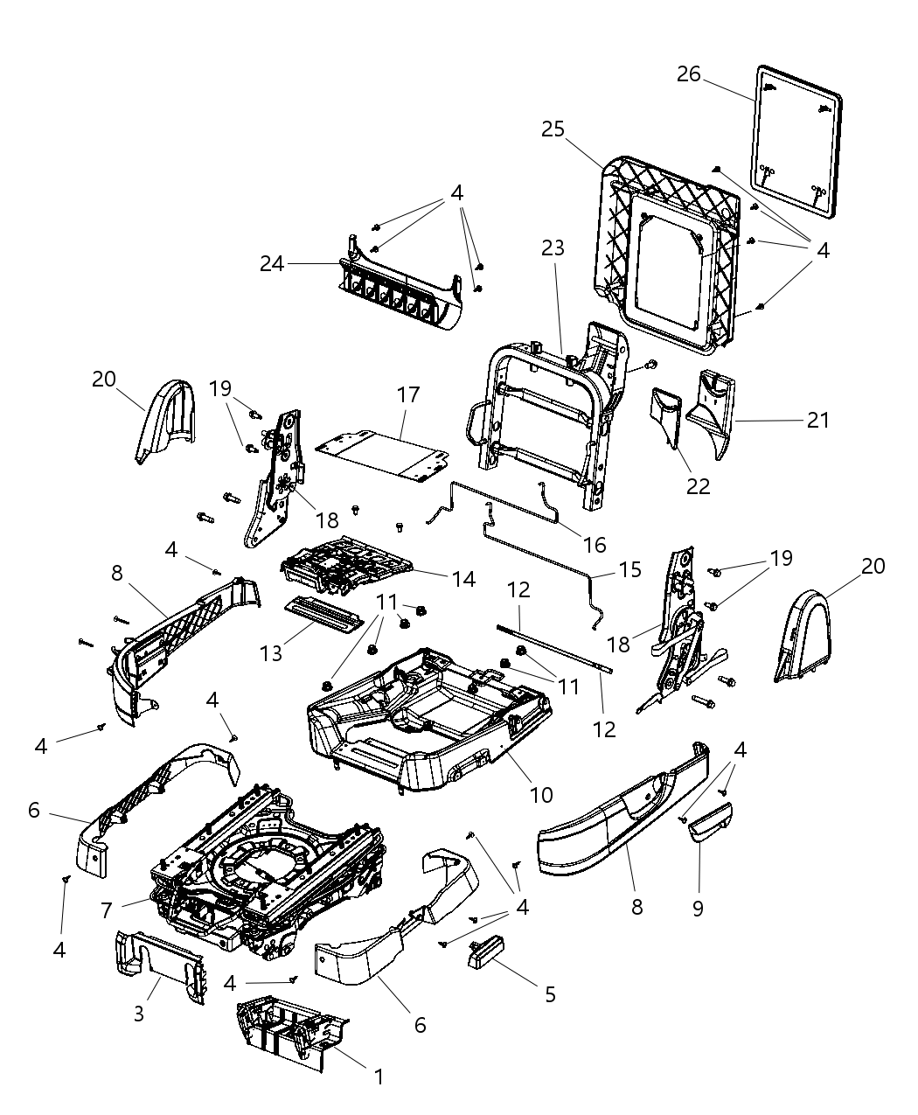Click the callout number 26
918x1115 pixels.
coord(689,74)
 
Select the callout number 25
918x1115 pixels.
coord(553,129)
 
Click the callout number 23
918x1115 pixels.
coord(553,248)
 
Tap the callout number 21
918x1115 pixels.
coord(817,420)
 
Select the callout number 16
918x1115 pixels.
coord(595,545)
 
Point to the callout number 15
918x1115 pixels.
coord(629,570)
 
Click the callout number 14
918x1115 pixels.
coord(463,578)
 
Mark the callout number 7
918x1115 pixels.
coord(106,910)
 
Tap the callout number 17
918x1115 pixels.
coord(408,394)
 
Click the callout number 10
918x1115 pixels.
coord(541,795)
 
